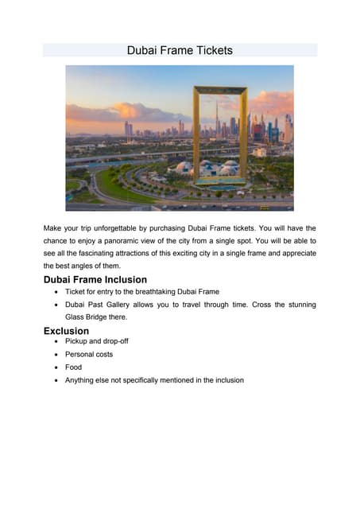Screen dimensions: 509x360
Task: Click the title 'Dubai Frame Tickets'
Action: coord(180,50)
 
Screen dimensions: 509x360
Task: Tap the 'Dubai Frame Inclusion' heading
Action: coord(95,279)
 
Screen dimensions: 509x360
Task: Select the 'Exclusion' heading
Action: coord(66,330)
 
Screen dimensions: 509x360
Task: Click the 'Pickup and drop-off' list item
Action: coord(96,341)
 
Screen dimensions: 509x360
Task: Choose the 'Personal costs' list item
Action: coord(88,354)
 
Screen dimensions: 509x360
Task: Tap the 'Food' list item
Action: coord(73,367)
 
